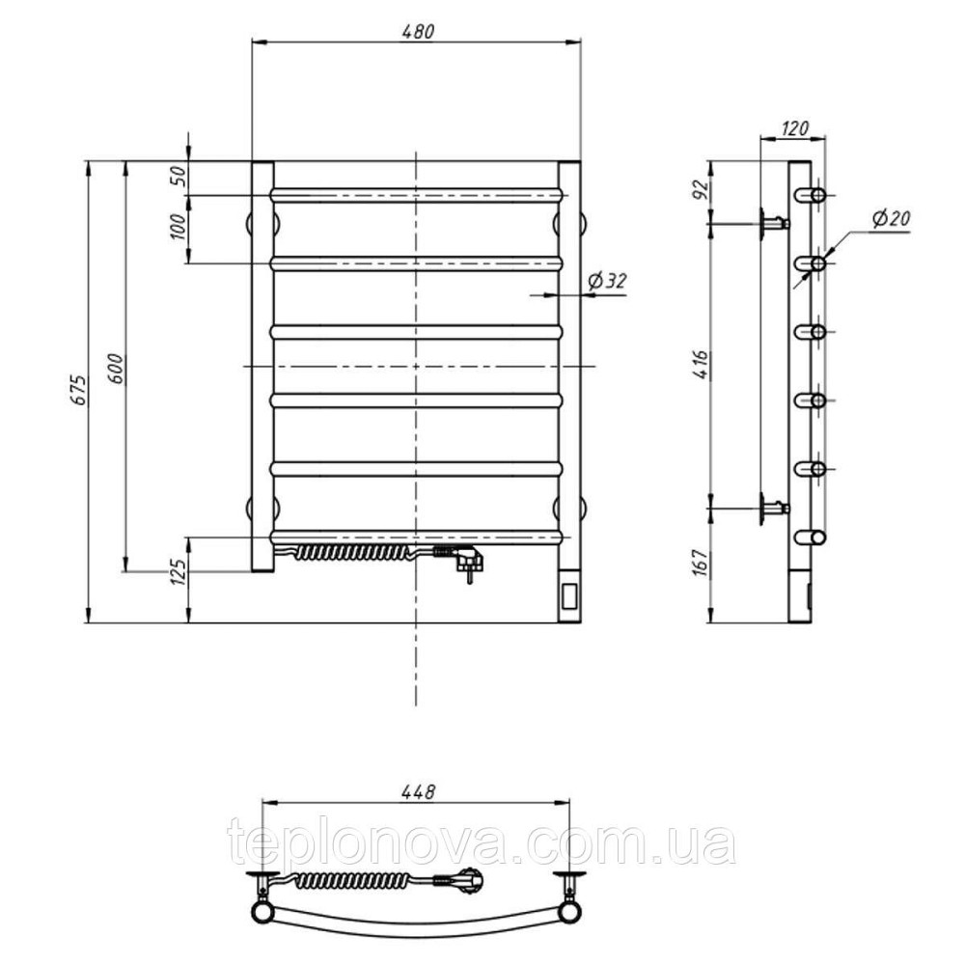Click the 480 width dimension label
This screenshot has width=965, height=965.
pyautogui.click(x=418, y=32)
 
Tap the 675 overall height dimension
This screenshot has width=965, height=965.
pyautogui.click(x=79, y=390)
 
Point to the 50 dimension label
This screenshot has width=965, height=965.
pyautogui.click(x=178, y=177)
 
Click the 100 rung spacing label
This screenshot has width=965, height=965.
pyautogui.click(x=178, y=227)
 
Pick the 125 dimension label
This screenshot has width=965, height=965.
pyautogui.click(x=178, y=572)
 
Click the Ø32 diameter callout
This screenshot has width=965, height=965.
pyautogui.click(x=607, y=281)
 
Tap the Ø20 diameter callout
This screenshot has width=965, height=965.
pyautogui.click(x=891, y=218)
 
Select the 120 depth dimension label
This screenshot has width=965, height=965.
pyautogui.click(x=794, y=128)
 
